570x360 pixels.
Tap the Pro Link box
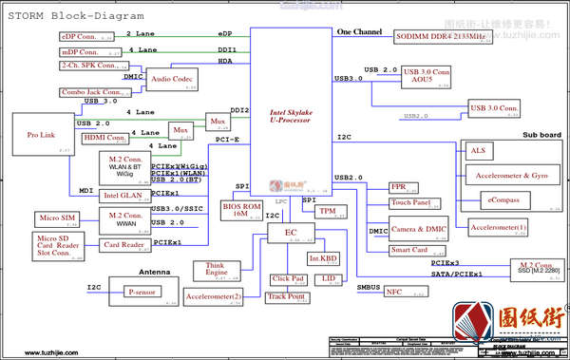pos(42,135)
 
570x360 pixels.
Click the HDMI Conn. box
pos(104,138)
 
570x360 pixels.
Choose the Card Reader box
pos(123,245)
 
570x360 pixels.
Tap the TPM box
pos(327,210)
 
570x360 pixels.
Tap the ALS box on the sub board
pos(478,151)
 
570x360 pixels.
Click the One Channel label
pos(359,32)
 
